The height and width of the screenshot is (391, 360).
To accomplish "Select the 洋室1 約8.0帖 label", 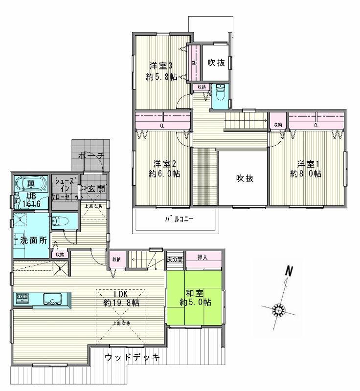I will tap(305, 168).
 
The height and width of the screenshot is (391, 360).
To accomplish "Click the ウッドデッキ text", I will tap(132, 357).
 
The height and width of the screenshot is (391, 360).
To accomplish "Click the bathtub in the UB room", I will tap(31, 184).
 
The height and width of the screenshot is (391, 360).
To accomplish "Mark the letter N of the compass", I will tap(289, 272).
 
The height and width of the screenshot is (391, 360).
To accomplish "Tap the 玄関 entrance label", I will tap(96, 189).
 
